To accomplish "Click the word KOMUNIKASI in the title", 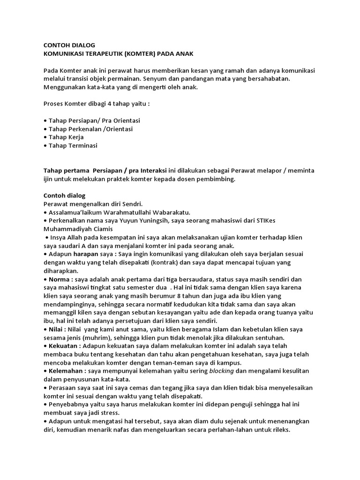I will pos(64,54).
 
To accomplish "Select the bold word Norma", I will pos(59,279).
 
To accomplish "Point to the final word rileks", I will pos(279,429).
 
